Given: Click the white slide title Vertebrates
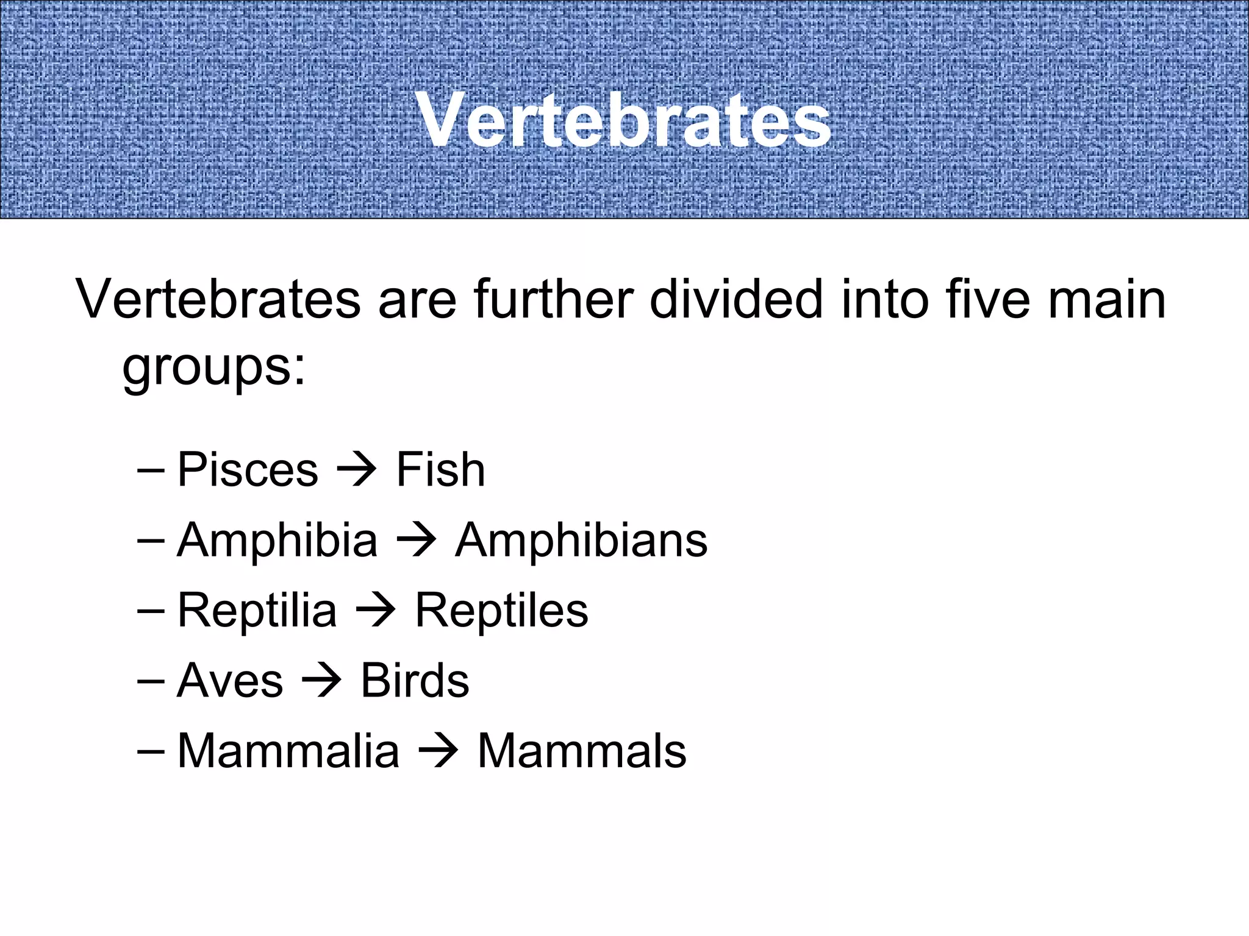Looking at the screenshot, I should [623, 120].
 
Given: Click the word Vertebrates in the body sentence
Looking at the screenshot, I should [218, 299].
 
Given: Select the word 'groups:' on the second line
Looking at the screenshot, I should [213, 369].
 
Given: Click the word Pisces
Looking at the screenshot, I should [248, 470].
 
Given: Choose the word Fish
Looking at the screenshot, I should [440, 470].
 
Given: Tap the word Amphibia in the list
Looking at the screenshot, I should [277, 541].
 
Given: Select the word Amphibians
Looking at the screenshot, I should [581, 541].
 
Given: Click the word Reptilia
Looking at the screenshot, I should [257, 611].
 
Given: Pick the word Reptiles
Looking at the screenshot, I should [501, 611].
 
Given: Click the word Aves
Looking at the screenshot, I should [230, 681].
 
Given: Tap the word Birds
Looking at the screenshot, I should [415, 681].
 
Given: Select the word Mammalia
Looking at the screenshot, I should [288, 751].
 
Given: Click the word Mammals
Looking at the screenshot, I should [581, 751].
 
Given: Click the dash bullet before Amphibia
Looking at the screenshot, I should [151, 541].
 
